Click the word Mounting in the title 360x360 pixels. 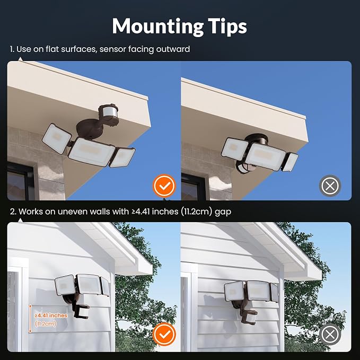coord(157,27)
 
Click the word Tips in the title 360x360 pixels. coord(227,26)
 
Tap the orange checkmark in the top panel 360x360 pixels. coord(164,186)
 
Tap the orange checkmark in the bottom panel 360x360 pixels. coord(164,334)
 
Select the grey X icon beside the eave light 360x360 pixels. coord(330,186)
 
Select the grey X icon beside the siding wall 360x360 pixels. coord(330,334)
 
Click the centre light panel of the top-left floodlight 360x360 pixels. coord(92,152)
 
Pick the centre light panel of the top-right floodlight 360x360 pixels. coord(266,156)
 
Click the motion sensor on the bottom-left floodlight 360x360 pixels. coord(82,311)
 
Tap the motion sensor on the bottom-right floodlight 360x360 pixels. coord(250,317)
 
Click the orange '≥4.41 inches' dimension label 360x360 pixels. coord(51,315)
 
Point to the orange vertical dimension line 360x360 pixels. coord(30,319)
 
